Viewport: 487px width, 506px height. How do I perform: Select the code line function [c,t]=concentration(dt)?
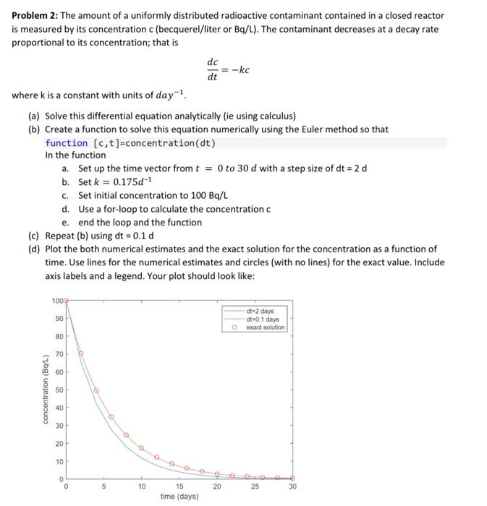(x=130, y=142)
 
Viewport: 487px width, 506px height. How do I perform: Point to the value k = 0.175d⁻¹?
(x=135, y=182)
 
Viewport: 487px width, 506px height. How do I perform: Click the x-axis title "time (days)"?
(x=179, y=497)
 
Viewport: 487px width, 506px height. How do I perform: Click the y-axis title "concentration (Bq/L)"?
(x=46, y=390)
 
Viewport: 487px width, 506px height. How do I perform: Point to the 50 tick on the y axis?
(x=58, y=390)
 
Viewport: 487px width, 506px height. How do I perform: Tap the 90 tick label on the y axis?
(x=58, y=319)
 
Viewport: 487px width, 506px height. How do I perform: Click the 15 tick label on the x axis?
(x=179, y=486)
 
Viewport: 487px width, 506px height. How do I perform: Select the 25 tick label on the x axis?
(x=255, y=486)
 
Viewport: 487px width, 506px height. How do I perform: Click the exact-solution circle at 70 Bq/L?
(x=81, y=353)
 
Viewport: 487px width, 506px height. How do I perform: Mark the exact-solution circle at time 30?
(x=292, y=478)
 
